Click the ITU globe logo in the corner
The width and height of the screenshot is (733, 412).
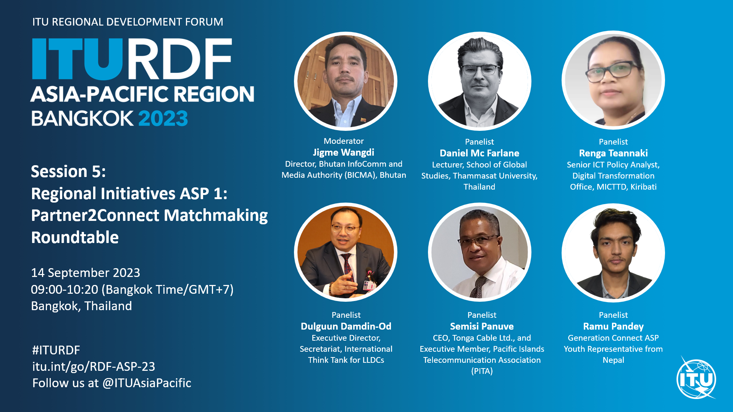696,378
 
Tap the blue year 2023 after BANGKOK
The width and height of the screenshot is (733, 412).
163,119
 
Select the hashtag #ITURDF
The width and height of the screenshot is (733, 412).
56,350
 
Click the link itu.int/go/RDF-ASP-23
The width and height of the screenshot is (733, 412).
94,367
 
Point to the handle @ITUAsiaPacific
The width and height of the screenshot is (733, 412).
147,383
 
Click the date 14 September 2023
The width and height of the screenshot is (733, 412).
86,273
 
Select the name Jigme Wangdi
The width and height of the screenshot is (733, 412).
344,153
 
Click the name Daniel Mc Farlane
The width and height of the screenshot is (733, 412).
480,153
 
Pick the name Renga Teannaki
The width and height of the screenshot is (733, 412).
613,153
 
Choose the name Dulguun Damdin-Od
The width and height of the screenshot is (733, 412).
346,327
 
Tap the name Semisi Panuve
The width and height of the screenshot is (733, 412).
482,327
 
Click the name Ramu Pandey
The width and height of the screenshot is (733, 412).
613,327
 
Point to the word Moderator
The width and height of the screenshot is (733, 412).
344,141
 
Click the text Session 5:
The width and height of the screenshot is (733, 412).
68,172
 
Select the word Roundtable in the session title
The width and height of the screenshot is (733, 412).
75,238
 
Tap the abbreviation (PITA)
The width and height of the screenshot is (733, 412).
482,371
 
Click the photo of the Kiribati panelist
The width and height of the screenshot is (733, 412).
613,80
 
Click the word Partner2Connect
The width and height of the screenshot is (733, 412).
95,216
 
